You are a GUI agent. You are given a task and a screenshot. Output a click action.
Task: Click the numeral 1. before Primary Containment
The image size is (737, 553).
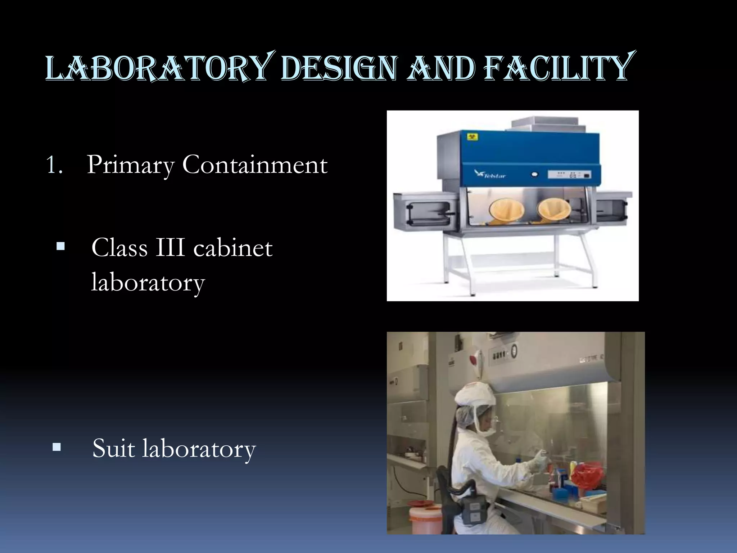click(x=54, y=165)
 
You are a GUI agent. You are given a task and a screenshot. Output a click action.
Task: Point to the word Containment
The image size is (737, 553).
click(x=255, y=165)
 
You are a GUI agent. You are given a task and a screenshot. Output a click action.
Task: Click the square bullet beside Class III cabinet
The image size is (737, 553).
click(x=60, y=247)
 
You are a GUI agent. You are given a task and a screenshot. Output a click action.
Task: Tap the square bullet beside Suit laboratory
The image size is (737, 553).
click(x=56, y=448)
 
